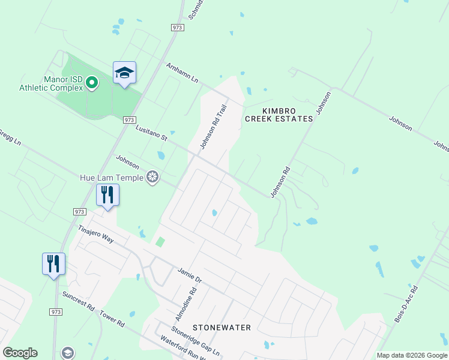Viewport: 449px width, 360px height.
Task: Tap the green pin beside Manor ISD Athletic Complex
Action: point(92,82)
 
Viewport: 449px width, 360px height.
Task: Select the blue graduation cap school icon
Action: point(124,73)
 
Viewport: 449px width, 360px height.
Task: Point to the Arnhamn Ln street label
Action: point(182,75)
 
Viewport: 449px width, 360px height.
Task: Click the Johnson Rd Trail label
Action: point(214,127)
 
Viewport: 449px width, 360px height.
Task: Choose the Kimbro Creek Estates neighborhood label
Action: point(279,114)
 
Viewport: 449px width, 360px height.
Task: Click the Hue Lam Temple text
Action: point(112,178)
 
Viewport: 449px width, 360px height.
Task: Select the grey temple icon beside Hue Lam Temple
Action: point(153,177)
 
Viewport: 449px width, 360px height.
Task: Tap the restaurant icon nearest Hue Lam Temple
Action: point(108,195)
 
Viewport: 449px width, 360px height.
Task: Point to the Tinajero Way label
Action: point(96,233)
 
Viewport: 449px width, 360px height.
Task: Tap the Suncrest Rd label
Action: point(79,302)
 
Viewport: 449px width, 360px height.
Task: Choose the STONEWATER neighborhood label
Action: point(221,328)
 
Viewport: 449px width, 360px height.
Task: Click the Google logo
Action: point(20,353)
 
